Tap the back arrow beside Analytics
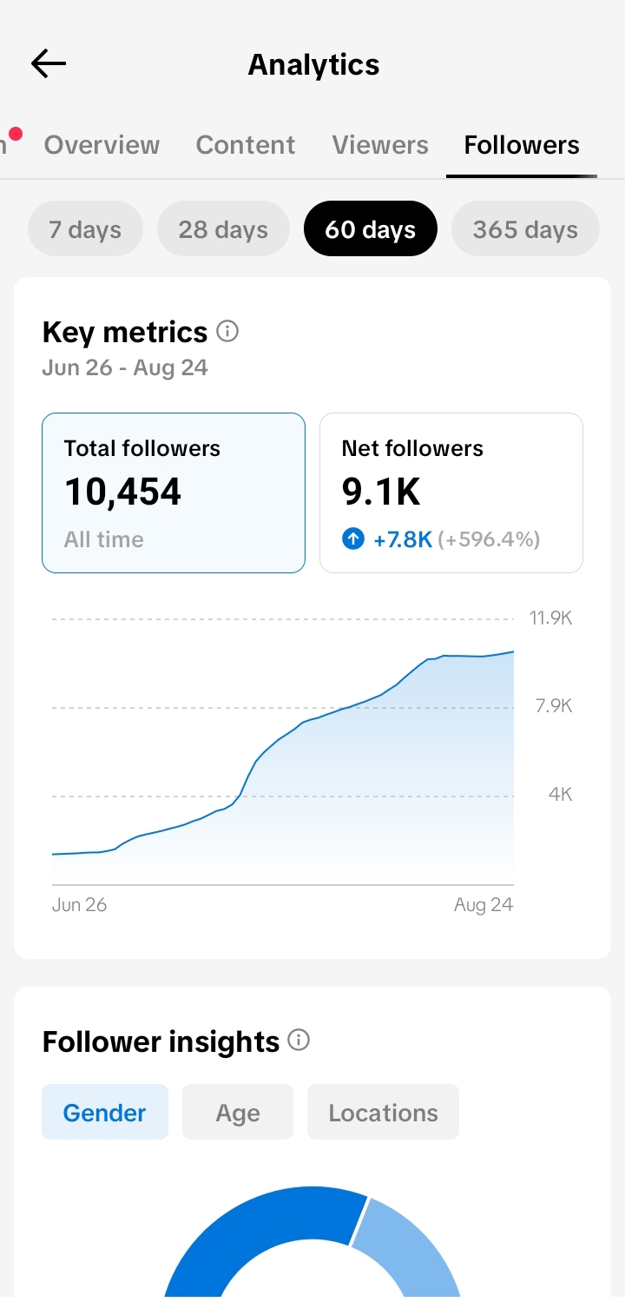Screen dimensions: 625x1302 [x=49, y=63]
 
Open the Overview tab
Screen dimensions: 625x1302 [x=102, y=145]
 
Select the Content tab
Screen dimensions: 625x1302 [x=245, y=145]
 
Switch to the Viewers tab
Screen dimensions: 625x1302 [x=380, y=145]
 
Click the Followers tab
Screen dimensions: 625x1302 [x=522, y=145]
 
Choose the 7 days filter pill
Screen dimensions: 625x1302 [x=85, y=229]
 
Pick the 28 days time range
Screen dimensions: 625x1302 [x=223, y=229]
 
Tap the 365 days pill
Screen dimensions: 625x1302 [x=525, y=229]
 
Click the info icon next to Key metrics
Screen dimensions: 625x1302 [x=227, y=331]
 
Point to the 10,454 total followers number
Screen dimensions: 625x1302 [x=122, y=492]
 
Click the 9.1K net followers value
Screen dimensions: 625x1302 [x=381, y=492]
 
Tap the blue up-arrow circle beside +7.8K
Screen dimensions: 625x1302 [x=353, y=539]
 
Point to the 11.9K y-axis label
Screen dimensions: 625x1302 [x=550, y=618]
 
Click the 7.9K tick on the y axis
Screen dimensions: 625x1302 [x=554, y=705]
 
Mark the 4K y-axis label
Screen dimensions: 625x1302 [x=561, y=794]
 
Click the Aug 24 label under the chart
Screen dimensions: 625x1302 [x=484, y=904]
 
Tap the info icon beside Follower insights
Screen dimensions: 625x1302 [x=299, y=1040]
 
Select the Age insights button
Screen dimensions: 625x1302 [x=238, y=1112]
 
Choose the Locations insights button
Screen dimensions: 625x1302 [x=383, y=1112]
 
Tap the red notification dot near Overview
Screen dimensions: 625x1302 [x=16, y=135]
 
